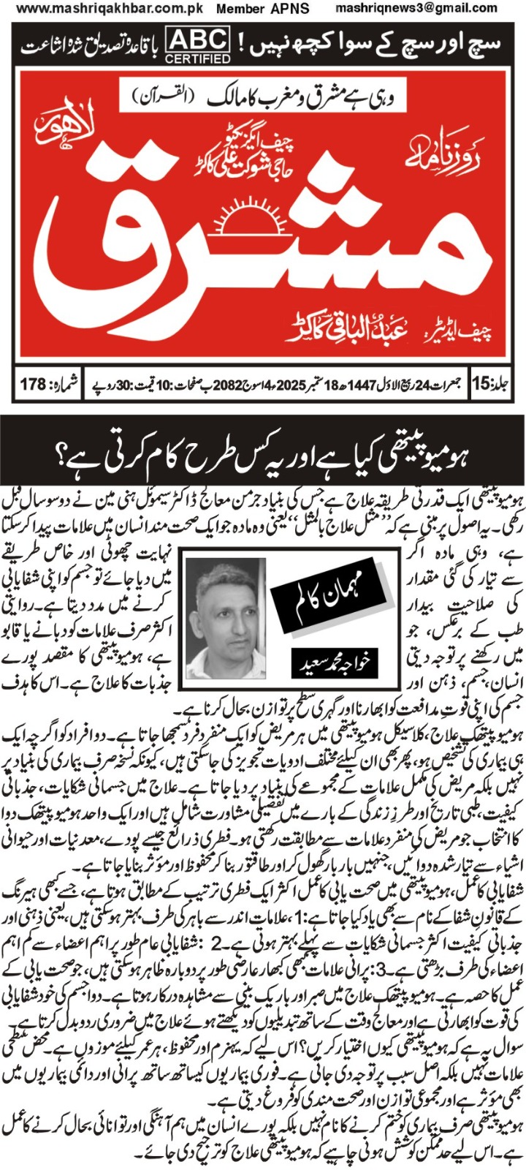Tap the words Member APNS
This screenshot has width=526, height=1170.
263,10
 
